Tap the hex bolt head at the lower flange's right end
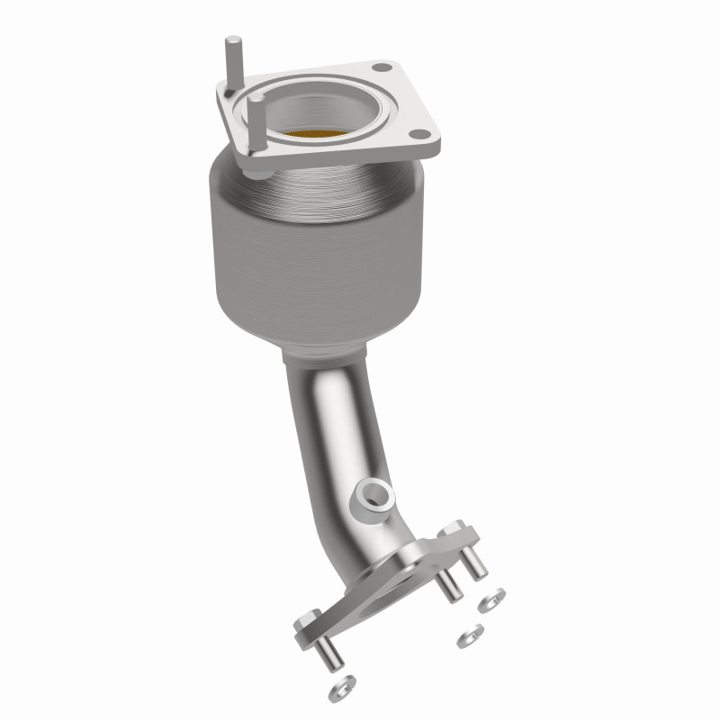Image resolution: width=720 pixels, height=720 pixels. tap(454, 531)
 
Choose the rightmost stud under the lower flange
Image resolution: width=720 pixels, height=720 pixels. tap(478, 562)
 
